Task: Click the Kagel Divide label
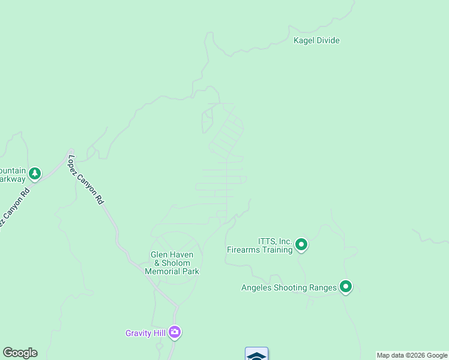pos(316,41)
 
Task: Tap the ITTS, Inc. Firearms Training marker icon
pos(301,244)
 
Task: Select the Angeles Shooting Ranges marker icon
pos(345,287)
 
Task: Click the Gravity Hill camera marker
pos(175,332)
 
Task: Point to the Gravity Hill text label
pos(145,333)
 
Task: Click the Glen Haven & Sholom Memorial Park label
pos(172,263)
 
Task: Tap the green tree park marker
pos(35,173)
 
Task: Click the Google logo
pos(20,353)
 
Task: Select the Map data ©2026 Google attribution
pos(412,355)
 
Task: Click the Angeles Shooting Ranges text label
pos(289,287)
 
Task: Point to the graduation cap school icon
pos(256,355)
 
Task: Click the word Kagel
pos(304,41)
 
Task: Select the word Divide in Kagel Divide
pos(328,41)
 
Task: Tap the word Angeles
pos(257,287)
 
